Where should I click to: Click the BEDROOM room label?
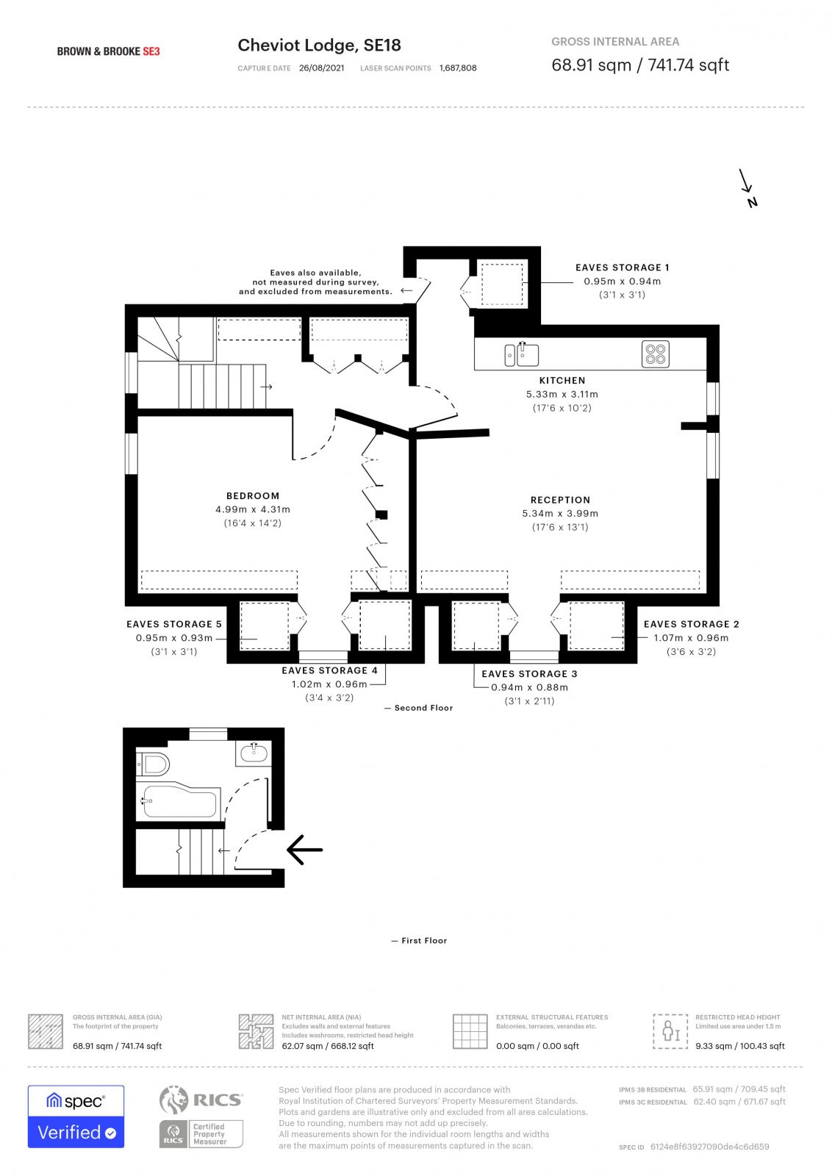click(253, 495)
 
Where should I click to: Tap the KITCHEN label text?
click(562, 380)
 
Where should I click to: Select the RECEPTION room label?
click(560, 499)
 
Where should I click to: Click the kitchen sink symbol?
click(522, 354)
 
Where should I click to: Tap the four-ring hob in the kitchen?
click(656, 354)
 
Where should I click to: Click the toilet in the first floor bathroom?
click(154, 764)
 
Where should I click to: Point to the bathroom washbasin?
click(254, 752)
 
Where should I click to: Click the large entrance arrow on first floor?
click(304, 850)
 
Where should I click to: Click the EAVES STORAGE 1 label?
click(622, 268)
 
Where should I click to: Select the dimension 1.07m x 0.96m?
click(691, 638)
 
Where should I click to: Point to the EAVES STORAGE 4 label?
click(329, 670)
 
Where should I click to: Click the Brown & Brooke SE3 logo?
click(108, 51)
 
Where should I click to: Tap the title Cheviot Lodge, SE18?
click(319, 46)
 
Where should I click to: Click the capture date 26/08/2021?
click(321, 68)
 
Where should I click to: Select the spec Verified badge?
click(76, 1116)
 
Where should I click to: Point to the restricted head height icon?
click(670, 1030)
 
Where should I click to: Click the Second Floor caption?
click(423, 708)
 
